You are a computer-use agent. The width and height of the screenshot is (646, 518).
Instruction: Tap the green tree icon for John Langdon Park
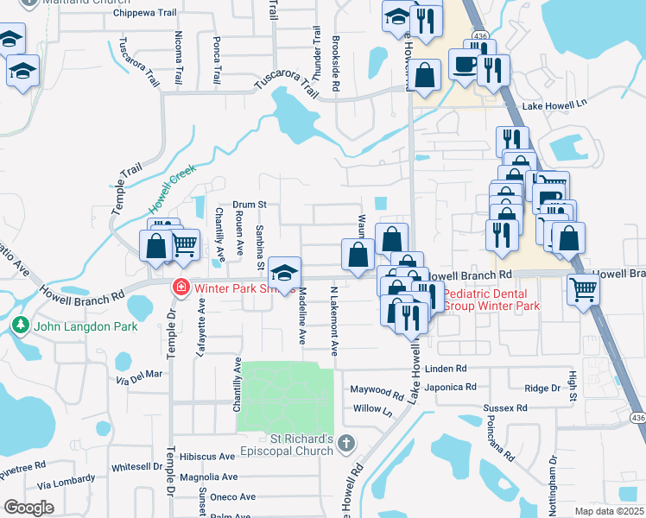click(x=21, y=325)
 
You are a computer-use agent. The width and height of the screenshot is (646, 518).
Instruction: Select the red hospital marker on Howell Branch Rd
click(x=181, y=287)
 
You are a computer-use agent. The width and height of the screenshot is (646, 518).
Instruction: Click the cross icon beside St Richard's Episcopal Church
click(x=345, y=444)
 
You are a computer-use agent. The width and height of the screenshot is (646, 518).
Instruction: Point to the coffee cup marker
click(x=465, y=66)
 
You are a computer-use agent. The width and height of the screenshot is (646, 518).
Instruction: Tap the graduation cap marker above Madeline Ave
click(x=284, y=273)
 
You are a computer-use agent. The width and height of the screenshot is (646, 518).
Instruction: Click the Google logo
click(x=29, y=508)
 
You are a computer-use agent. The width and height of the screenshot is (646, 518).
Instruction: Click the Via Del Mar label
click(x=139, y=375)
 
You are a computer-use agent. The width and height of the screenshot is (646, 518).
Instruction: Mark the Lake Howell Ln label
click(x=557, y=106)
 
